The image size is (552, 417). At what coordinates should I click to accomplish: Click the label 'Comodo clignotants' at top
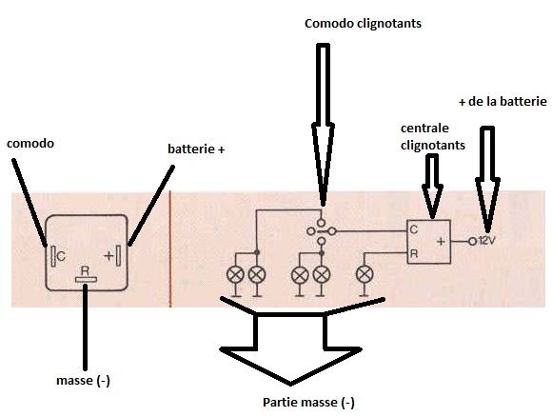tap(363, 24)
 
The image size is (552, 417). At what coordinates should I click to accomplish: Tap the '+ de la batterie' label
tap(503, 102)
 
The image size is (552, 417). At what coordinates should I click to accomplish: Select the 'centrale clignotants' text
tap(433, 137)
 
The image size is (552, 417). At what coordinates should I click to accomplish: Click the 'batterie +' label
tap(196, 149)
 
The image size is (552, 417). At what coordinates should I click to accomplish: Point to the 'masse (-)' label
tap(83, 381)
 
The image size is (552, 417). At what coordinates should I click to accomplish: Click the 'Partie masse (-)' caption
tap(308, 402)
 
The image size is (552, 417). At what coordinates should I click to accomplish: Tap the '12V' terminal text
tap(487, 241)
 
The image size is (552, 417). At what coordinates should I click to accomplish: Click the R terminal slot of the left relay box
tap(86, 280)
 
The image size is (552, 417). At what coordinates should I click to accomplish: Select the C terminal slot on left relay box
tap(53, 256)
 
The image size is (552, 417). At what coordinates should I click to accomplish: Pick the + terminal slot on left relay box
tap(119, 255)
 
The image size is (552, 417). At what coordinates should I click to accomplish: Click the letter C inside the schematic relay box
tap(414, 229)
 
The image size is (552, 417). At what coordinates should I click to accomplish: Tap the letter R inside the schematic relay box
tap(414, 253)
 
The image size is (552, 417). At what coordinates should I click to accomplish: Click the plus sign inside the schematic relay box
tap(441, 241)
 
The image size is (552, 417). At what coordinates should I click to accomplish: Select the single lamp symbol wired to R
tap(365, 275)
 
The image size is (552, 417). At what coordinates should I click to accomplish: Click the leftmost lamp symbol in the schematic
tap(236, 275)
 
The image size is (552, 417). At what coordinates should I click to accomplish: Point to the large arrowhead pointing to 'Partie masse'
tap(290, 367)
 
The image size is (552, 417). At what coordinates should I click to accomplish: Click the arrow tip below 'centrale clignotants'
tap(432, 218)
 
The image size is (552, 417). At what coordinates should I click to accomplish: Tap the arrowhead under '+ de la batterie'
tap(487, 230)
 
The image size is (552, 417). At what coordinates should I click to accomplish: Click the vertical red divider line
tap(170, 249)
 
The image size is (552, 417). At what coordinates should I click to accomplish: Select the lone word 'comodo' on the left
tap(30, 144)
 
